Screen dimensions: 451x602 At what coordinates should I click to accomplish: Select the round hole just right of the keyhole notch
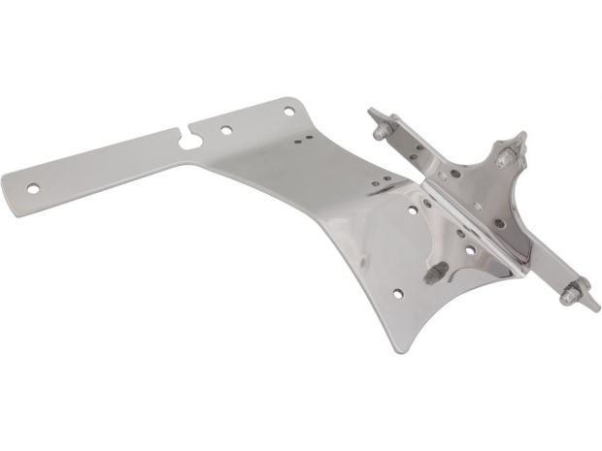pos(225,128)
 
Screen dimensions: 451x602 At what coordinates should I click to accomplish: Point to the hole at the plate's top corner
pos(288,113)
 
